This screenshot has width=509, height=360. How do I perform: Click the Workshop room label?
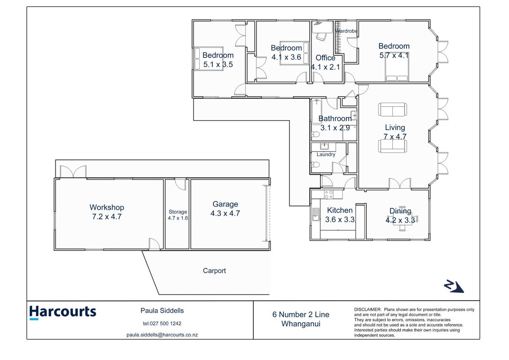point(107,207)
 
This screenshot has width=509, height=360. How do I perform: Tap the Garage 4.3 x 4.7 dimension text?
point(225,214)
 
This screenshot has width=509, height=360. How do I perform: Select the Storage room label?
point(178,212)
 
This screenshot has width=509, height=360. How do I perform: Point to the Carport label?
point(214,271)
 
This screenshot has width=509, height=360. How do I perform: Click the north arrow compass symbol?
point(454,286)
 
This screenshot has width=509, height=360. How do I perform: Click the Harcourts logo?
point(63,312)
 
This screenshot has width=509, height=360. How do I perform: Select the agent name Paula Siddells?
point(162,310)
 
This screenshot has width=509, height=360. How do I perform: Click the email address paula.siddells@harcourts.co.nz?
point(162,335)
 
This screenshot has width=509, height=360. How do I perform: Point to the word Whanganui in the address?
point(301,324)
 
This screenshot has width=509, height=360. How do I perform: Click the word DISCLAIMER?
point(367,310)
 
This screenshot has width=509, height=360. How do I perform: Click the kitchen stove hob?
point(329,194)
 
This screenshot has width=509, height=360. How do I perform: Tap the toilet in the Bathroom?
point(315,135)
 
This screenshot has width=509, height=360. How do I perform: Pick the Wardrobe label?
point(347,31)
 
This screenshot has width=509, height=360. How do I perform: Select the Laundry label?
point(326,154)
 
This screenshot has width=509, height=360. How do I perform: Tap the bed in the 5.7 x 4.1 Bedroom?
point(396,67)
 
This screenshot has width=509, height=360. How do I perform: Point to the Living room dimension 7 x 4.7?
point(395,137)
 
